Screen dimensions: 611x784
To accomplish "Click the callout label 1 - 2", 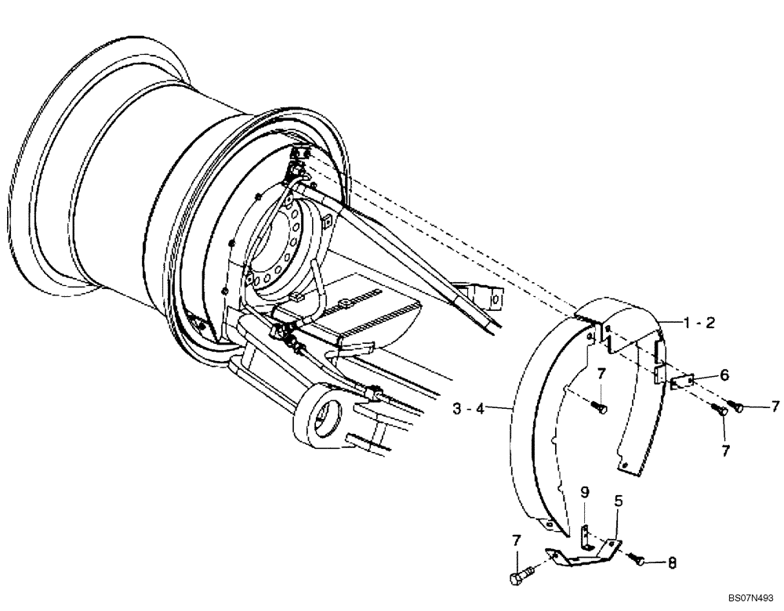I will pos(698,322).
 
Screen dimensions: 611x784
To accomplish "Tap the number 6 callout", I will pos(724,375).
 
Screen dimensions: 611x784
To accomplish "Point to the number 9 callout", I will pos(584,493).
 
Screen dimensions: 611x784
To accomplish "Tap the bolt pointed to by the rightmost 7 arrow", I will pos(737,406).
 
